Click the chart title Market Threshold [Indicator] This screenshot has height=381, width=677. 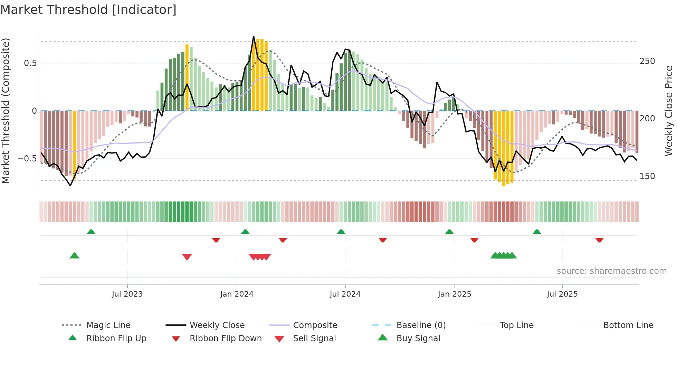pyautogui.click(x=88, y=10)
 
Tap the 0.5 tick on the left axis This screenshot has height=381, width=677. pyautogui.click(x=30, y=63)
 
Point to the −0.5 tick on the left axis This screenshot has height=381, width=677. pyautogui.click(x=27, y=159)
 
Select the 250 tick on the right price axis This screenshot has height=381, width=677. pyautogui.click(x=647, y=61)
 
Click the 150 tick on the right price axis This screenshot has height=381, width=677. pyautogui.click(x=647, y=176)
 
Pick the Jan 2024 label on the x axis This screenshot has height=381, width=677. pyautogui.click(x=237, y=294)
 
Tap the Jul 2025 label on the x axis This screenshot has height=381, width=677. pyautogui.click(x=562, y=294)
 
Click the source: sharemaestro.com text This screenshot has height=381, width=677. pyautogui.click(x=611, y=271)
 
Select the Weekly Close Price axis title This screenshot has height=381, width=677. pyautogui.click(x=669, y=111)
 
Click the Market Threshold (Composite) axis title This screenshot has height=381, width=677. pyautogui.click(x=6, y=111)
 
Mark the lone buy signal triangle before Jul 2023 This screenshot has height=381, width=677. pyautogui.click(x=74, y=255)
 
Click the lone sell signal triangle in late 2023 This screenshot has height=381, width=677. pyautogui.click(x=187, y=257)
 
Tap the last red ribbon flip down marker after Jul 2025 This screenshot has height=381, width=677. pyautogui.click(x=599, y=240)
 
